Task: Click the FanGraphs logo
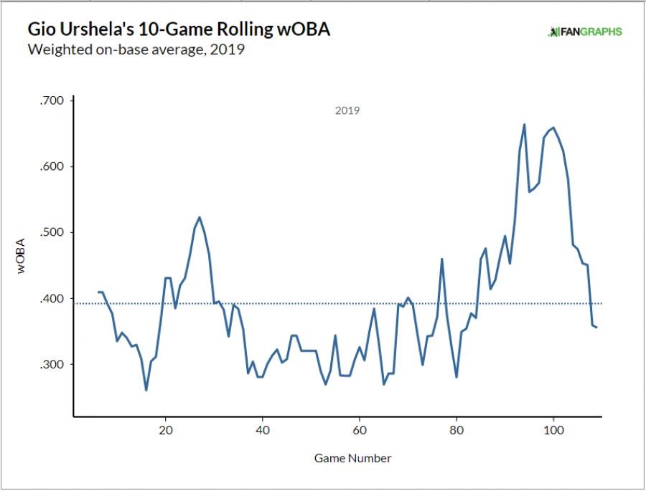pos(585,32)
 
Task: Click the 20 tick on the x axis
pos(166,431)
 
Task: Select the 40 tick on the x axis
pos(263,431)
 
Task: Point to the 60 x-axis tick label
pos(360,431)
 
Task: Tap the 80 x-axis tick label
pos(457,431)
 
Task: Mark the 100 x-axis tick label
pos(553,431)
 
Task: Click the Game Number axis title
pos(353,458)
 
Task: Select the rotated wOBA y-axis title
pos(22,254)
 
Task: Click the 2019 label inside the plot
pos(347,111)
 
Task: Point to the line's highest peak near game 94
pos(524,125)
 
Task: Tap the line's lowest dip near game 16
pos(146,390)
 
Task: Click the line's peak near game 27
pos(200,217)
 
